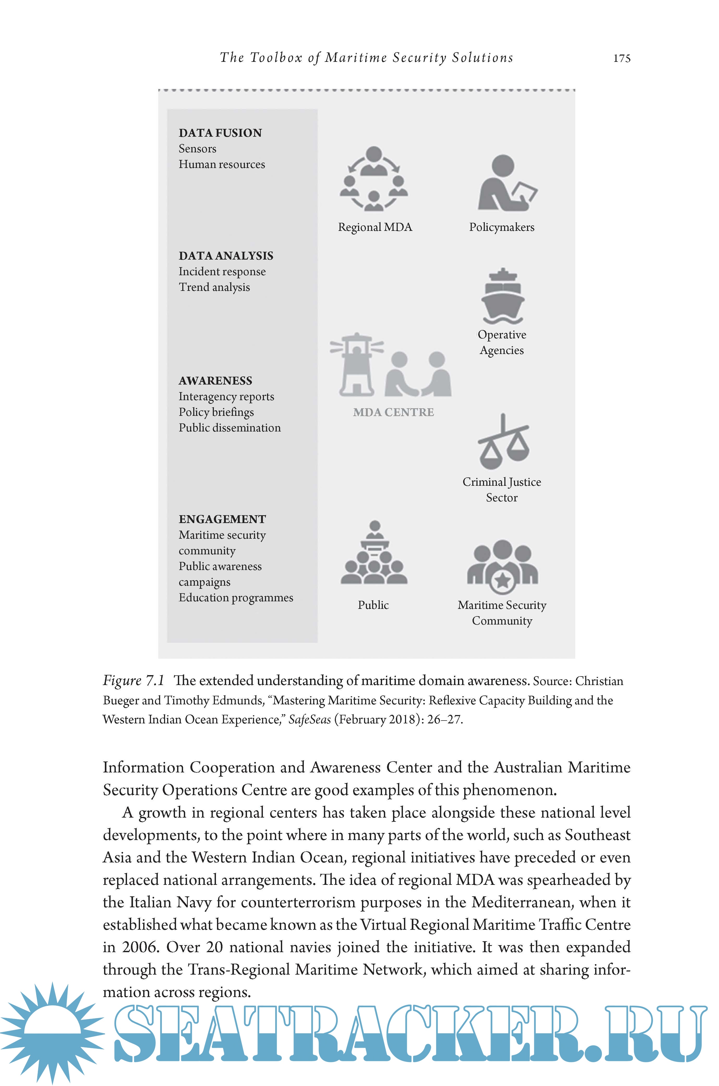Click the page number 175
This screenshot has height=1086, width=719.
coord(622,58)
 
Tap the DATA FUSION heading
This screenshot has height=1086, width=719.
coord(220,133)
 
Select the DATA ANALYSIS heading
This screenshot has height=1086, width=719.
coord(226,256)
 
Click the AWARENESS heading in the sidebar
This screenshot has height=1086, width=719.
coord(215,381)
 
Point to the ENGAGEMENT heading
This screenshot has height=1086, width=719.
coord(222,519)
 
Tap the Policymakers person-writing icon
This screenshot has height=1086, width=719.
coord(506,183)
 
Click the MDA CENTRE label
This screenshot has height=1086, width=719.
coord(393,412)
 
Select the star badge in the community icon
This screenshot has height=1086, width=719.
coord(503,581)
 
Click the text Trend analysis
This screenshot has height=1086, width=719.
coord(214,287)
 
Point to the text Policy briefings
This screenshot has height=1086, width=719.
coord(216,412)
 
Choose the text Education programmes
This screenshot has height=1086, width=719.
coord(236,598)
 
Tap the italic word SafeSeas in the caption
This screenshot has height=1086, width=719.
coord(310,719)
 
